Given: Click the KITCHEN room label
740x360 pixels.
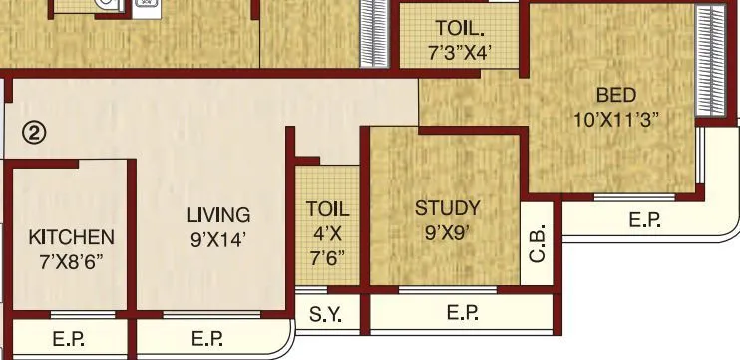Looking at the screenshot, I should [71, 237].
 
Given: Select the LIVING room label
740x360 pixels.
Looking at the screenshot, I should [219, 215].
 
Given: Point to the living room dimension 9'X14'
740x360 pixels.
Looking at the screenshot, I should [219, 238].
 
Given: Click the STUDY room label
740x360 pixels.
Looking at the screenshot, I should [447, 208].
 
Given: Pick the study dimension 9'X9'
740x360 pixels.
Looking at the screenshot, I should [447, 232].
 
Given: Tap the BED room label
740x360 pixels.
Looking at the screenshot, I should [616, 96].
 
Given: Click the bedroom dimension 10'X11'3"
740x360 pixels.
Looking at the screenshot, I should [616, 118].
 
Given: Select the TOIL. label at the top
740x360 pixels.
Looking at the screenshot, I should [460, 27].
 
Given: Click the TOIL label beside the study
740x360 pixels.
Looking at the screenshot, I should [328, 209].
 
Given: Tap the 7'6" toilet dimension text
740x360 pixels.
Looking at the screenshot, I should [328, 256].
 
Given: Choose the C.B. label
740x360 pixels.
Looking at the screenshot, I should [538, 245].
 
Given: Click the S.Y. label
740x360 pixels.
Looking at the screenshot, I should [325, 315].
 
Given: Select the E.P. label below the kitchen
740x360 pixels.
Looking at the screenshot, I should [69, 340].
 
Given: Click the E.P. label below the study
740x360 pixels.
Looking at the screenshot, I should [462, 314].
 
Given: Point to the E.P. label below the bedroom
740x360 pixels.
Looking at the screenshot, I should [645, 220].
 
